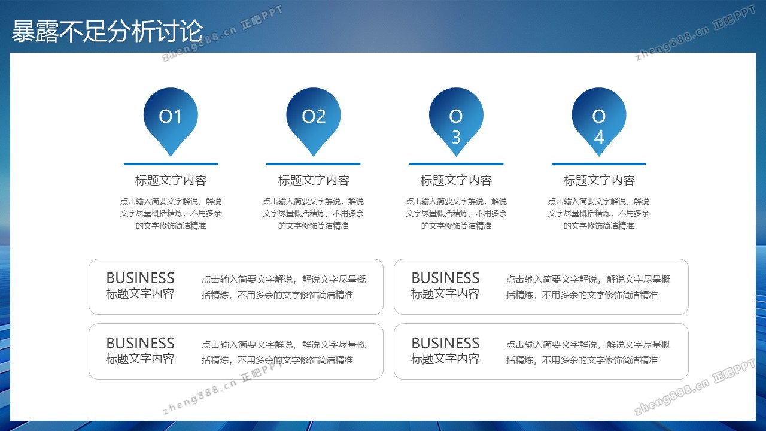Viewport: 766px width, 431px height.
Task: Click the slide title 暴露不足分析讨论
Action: click(107, 31)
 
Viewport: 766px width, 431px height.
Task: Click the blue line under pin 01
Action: click(171, 164)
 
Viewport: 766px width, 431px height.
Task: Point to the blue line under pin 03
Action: click(456, 164)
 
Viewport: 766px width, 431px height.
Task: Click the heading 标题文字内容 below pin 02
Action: click(314, 180)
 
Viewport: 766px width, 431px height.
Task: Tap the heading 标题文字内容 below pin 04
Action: click(599, 180)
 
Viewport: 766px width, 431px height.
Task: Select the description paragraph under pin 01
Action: click(171, 214)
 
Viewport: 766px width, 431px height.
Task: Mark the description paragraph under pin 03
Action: click(456, 214)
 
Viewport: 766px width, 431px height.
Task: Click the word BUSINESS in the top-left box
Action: click(140, 278)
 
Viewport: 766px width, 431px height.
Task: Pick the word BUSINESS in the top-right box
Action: click(445, 278)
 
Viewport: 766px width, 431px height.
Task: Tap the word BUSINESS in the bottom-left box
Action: click(140, 343)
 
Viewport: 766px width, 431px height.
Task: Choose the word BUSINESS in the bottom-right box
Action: click(445, 343)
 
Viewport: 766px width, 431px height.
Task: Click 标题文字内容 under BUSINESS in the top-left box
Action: click(140, 293)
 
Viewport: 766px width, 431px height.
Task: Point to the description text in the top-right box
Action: click(588, 287)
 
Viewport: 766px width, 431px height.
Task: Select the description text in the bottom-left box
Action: click(284, 352)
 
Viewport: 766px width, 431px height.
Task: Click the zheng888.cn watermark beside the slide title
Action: click(222, 34)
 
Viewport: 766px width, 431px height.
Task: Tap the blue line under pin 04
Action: click(599, 164)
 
